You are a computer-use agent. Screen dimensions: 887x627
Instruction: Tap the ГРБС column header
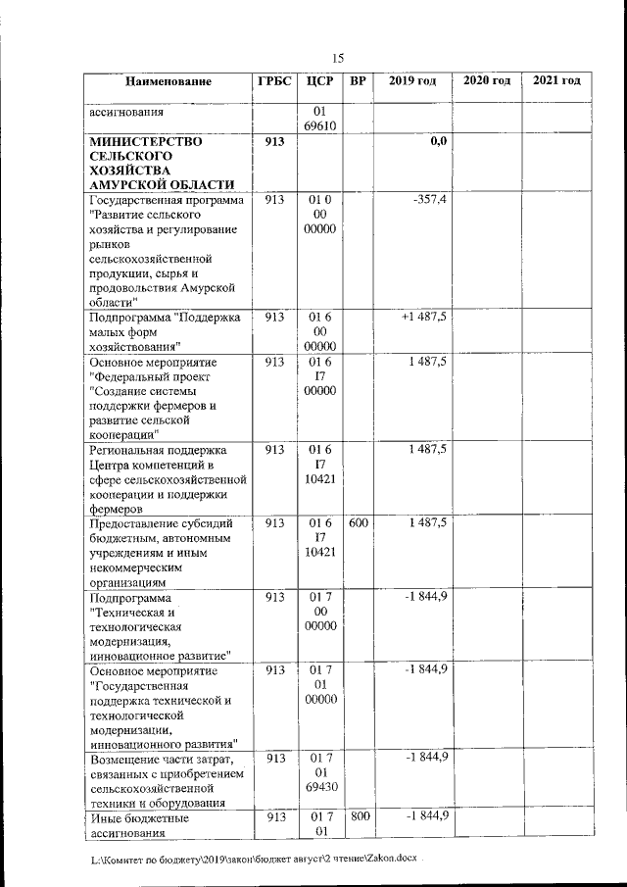[273, 80]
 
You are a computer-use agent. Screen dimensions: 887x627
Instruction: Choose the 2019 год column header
[412, 80]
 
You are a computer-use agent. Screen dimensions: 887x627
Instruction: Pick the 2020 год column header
[487, 80]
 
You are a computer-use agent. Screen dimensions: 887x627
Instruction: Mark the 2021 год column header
[556, 80]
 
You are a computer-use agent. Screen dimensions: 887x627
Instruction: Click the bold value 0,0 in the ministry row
[438, 142]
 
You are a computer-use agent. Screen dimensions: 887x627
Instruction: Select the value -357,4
[429, 200]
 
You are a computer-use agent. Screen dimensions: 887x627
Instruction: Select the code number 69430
[321, 787]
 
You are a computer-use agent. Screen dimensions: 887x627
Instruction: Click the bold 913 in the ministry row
[273, 142]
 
